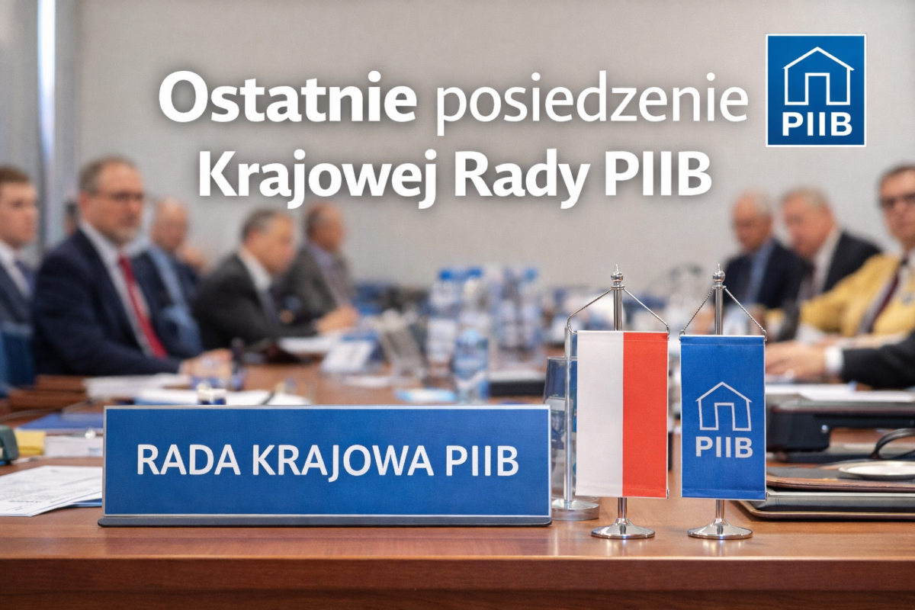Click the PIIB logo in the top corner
[815, 90]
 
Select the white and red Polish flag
[621, 413]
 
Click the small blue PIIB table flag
[722, 416]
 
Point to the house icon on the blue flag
[723, 406]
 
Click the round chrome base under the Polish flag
[622, 529]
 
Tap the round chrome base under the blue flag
[720, 529]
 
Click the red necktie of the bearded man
[142, 305]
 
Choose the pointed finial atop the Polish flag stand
[617, 272]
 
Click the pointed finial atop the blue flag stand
[718, 272]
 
